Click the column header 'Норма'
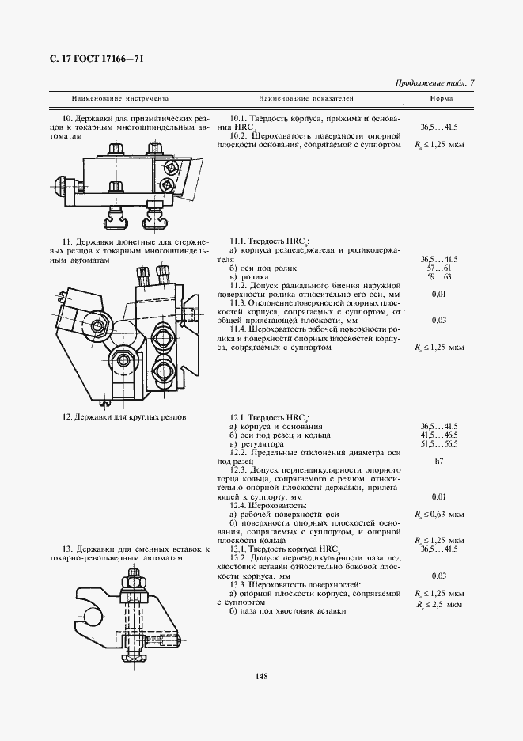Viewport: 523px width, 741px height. point(441,99)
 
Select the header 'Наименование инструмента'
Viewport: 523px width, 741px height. point(120,99)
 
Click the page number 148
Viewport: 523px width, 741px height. point(262,675)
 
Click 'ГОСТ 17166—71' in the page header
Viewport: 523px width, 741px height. point(104,59)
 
